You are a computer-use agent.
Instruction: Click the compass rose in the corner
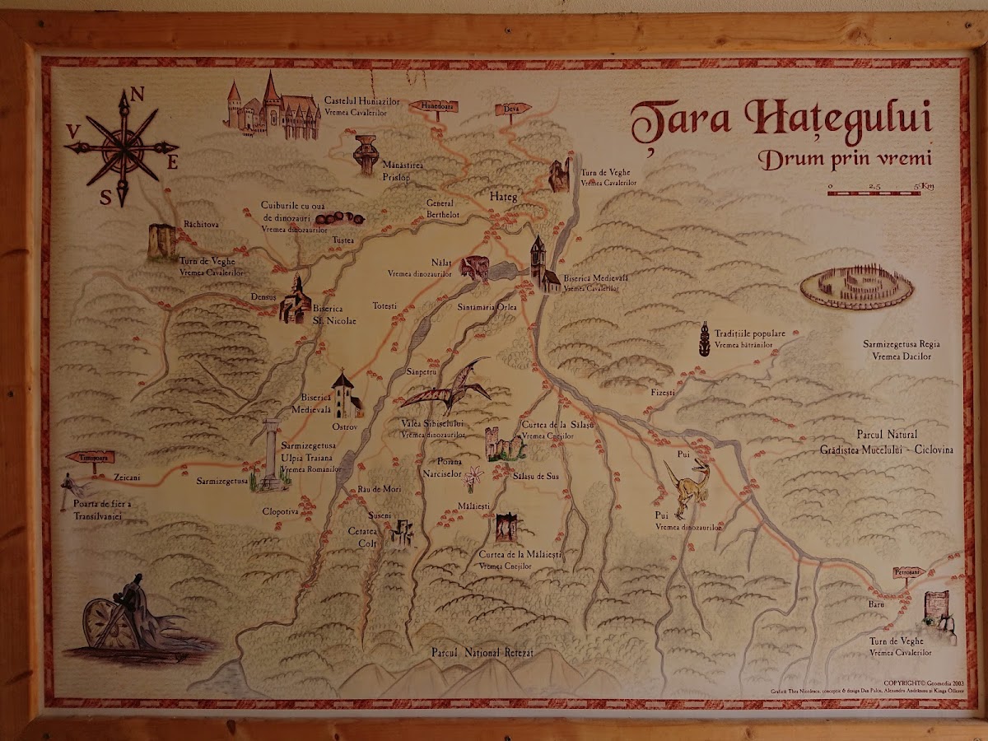tap(123, 148)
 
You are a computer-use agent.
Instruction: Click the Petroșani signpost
tap(909, 572)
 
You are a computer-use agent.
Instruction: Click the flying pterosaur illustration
tap(449, 387)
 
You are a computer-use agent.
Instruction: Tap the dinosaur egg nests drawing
tap(340, 218)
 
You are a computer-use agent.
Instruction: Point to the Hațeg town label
tap(502, 198)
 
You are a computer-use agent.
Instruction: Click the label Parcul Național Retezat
tap(482, 652)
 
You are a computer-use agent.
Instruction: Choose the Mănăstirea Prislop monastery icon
tap(366, 154)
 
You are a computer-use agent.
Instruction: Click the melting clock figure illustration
tap(132, 617)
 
